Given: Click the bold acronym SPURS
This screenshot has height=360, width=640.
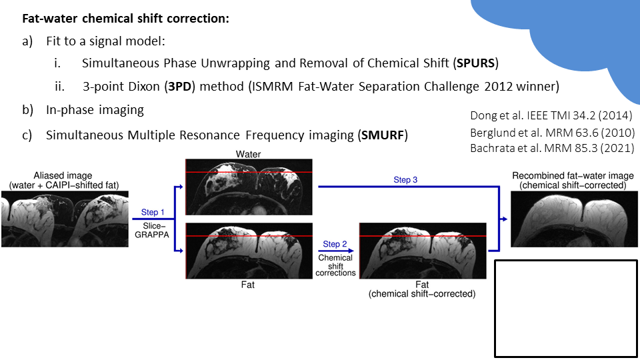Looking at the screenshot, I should (x=477, y=64).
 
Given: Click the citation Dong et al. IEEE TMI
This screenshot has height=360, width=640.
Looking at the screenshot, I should (x=552, y=116).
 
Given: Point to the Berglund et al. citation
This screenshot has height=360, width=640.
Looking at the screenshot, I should (x=552, y=131).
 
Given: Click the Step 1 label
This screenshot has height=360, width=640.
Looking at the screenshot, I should (x=150, y=212).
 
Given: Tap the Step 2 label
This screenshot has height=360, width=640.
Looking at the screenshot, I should (x=335, y=244).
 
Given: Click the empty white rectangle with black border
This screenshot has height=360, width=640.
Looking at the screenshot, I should (x=566, y=308).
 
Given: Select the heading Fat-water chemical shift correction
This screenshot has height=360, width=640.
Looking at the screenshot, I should (x=126, y=19).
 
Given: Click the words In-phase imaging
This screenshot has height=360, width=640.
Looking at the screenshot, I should (x=95, y=109).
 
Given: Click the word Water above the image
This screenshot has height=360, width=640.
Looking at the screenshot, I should (x=248, y=154).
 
